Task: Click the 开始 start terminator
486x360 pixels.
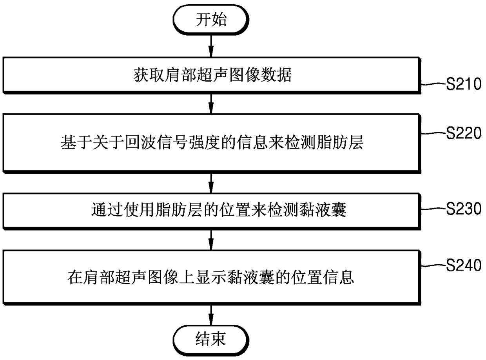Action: tap(211, 20)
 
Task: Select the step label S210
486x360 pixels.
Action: tap(464, 84)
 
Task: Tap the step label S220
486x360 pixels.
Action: tap(464, 133)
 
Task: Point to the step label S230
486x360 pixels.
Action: tap(464, 209)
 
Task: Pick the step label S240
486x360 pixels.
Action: tap(464, 265)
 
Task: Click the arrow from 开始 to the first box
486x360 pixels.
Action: tap(211, 46)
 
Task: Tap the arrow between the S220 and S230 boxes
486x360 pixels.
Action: tap(211, 183)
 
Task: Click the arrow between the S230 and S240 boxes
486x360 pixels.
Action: tap(211, 240)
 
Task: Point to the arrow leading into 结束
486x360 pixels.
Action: tap(211, 315)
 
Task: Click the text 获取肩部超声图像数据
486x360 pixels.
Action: tap(212, 75)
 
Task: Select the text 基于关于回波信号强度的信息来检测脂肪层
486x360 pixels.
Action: tap(212, 142)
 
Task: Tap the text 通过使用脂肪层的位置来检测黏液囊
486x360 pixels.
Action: tap(219, 210)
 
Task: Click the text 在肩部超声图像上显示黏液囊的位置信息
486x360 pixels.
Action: tap(210, 277)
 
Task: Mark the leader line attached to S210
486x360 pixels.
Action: tap(434, 84)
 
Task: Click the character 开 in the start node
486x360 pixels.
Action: tap(203, 20)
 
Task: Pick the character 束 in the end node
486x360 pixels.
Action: tap(219, 339)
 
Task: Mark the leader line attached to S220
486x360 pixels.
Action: tap(434, 133)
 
